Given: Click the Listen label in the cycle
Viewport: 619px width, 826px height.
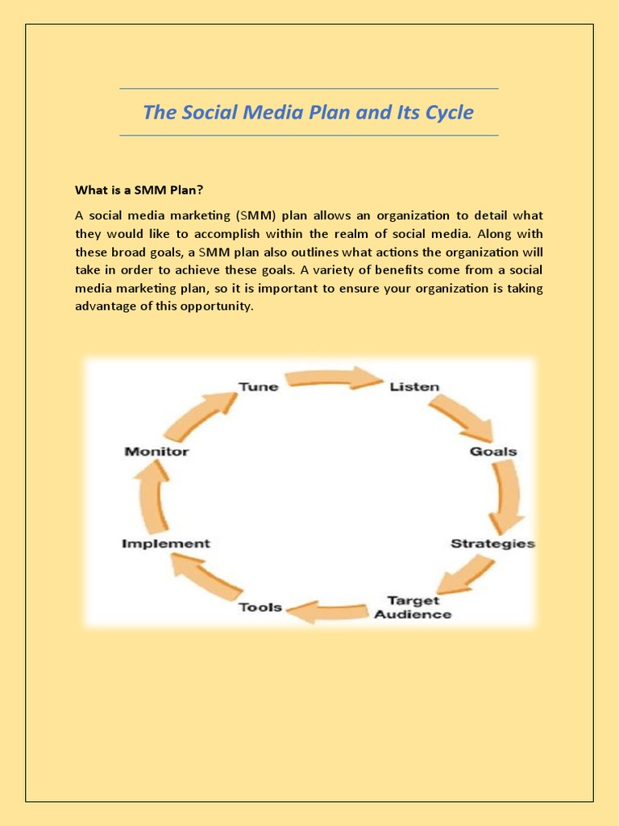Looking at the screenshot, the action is pos(414,386).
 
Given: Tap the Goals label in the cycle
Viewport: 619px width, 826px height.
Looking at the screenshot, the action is pos(493,451).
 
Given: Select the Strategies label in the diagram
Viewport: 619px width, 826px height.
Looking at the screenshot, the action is pos(492,543).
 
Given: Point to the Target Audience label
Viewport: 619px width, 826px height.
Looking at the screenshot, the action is pos(413,607).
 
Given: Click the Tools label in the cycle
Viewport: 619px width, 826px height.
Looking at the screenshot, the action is pos(260,607).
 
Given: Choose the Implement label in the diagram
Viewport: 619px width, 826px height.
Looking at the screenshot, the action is pos(165,544).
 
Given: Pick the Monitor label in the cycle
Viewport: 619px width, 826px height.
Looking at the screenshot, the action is pos(156,452).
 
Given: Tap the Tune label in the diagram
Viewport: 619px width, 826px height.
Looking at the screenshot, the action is pos(258,386).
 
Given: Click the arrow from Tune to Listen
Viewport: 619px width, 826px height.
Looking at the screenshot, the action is pos(334,378).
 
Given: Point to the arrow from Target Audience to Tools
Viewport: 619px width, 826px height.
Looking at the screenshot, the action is pos(330,612).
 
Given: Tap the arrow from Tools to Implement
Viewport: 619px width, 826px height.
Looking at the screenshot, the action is pos(206,578).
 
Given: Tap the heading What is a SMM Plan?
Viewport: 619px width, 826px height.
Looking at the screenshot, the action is pos(139,190).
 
